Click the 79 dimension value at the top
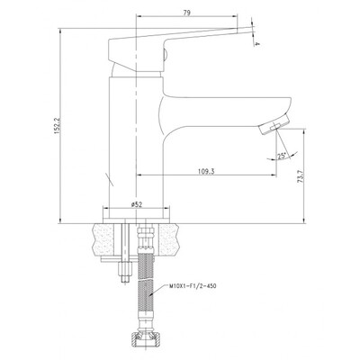click(186, 13)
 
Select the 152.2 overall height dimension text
click(57, 126)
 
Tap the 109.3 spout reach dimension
click(206, 171)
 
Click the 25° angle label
click(282, 156)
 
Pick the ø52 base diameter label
click(137, 204)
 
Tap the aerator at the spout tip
click(274, 125)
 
